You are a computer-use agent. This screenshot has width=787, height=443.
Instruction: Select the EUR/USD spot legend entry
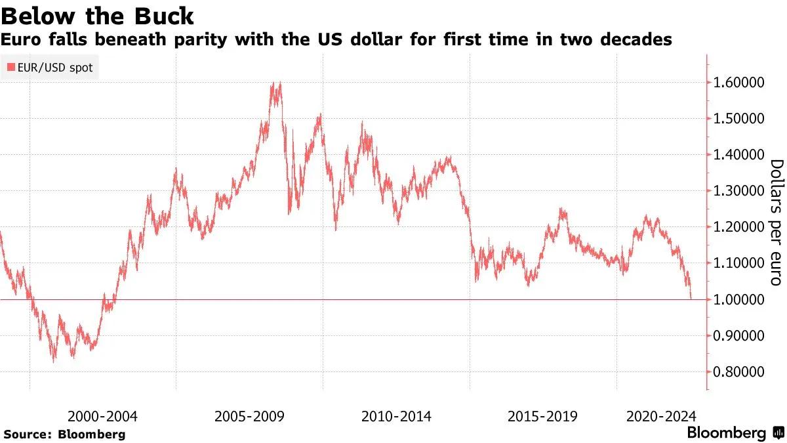(x=50, y=67)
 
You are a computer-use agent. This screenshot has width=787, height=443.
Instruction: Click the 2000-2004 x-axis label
(x=102, y=416)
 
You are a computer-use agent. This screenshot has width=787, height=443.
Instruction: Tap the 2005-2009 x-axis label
(x=249, y=416)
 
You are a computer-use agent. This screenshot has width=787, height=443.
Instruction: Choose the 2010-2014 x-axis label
(x=396, y=416)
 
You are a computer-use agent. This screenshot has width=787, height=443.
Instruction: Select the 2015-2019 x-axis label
(x=542, y=416)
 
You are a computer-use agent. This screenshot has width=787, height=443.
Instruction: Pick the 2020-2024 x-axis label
(x=660, y=416)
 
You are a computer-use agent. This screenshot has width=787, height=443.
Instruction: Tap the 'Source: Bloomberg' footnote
(x=64, y=434)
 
